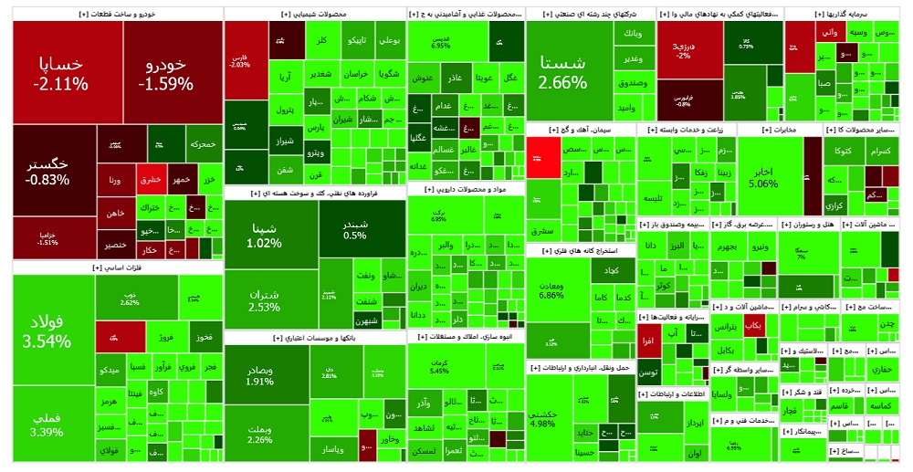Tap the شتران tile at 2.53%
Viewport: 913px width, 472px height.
[x=264, y=299]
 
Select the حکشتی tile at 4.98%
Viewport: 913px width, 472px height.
[x=548, y=417]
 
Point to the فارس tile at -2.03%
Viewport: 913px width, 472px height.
[x=240, y=60]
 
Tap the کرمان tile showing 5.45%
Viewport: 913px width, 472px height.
[x=439, y=366]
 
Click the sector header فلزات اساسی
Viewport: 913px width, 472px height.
[x=117, y=267]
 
